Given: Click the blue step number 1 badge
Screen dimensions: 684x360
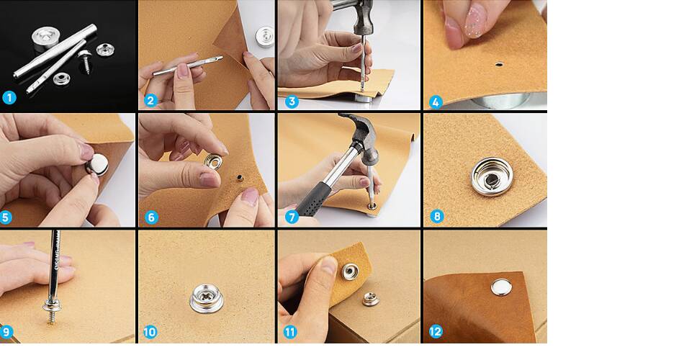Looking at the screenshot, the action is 9,97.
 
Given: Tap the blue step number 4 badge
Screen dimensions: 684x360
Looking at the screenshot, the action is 436,102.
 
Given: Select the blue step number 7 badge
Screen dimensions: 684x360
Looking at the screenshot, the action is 292,217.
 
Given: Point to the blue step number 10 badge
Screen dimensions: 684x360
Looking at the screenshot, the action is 150,332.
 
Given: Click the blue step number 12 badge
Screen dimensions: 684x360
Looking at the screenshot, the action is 436,332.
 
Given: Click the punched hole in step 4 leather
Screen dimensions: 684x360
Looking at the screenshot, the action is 499,65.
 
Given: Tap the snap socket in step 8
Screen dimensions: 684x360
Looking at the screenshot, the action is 492,176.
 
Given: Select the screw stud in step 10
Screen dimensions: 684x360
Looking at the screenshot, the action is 207,299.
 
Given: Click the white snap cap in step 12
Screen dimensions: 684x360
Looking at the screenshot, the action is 501,287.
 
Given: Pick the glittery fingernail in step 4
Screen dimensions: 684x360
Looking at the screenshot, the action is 475,26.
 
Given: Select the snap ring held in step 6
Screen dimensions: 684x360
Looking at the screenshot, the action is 213,161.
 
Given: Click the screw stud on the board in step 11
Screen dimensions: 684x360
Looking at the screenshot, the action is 370,299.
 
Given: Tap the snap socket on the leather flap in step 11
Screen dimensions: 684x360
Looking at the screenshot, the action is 351,271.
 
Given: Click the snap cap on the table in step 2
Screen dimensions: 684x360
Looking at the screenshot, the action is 265,37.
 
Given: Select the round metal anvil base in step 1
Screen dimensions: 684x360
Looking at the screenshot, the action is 45,40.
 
